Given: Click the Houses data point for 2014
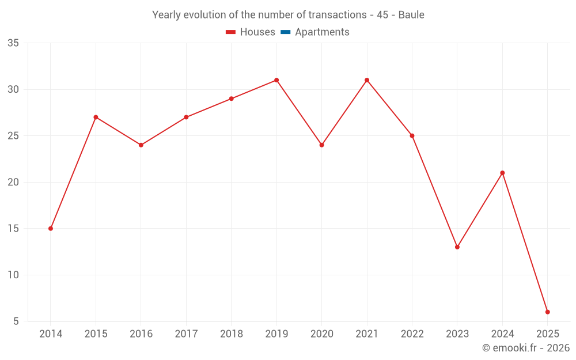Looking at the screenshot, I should [51, 229].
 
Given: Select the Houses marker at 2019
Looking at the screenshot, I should [276, 80].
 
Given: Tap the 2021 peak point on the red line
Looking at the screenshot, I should [367, 80].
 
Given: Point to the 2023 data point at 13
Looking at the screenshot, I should [457, 247].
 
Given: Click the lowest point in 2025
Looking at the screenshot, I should [548, 312].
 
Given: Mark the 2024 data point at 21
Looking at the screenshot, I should [502, 173].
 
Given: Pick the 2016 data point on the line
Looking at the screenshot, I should [141, 145].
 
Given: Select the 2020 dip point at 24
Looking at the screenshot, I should [322, 145].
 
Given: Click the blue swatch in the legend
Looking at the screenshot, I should [285, 32].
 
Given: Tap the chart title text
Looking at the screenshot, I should [288, 15].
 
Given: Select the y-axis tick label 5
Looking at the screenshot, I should [16, 321].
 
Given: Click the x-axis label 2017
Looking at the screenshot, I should [186, 334].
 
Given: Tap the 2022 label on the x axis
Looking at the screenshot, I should [412, 334].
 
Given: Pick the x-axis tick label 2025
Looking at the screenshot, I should [548, 334].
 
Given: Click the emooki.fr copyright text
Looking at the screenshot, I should [525, 348].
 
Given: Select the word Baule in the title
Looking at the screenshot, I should [411, 15].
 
